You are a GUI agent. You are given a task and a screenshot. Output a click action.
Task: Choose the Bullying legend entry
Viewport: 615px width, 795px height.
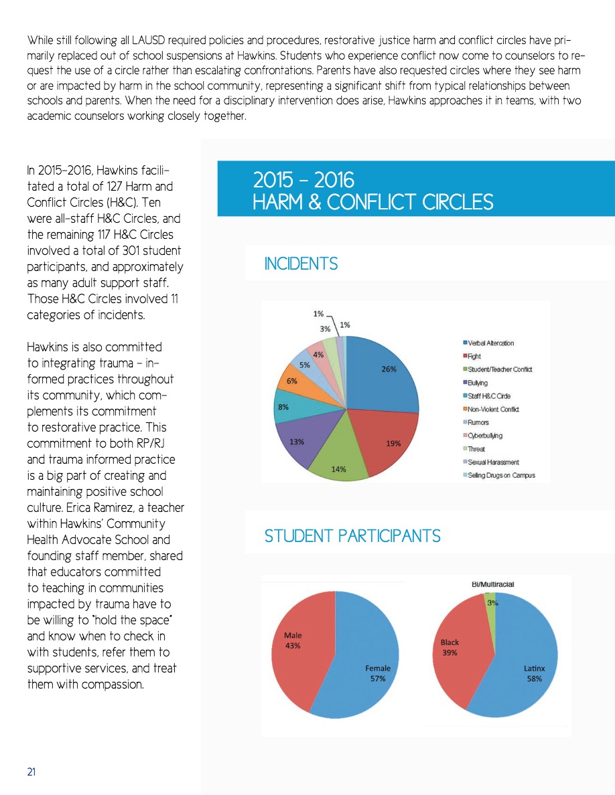coord(478,383)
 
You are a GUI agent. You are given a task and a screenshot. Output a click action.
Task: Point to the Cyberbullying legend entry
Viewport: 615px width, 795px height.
coord(485,436)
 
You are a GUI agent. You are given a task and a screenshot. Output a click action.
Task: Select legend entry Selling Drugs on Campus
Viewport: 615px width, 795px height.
coord(500,476)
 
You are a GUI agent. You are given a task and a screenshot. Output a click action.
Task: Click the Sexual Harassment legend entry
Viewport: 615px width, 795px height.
coord(494,462)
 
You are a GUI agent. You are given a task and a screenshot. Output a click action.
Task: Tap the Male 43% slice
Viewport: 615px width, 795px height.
coord(295,642)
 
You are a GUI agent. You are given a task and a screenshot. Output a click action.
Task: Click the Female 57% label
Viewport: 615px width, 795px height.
coord(377,673)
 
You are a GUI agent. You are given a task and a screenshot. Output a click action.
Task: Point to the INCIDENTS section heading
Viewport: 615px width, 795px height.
coord(301,264)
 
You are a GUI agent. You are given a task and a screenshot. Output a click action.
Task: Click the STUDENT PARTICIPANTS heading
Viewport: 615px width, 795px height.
coord(352,536)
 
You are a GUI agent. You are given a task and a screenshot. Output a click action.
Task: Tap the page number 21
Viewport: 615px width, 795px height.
coord(31,772)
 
